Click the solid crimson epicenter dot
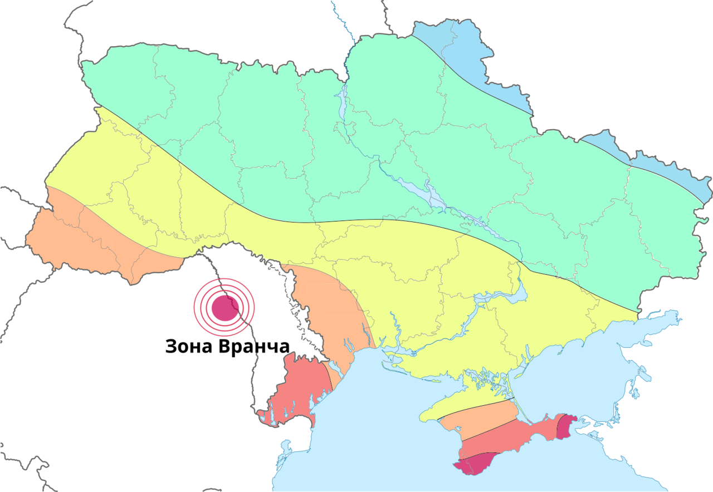(224, 307)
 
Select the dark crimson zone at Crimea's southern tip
(473, 464)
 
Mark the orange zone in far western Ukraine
(84, 239)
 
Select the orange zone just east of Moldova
(329, 312)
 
